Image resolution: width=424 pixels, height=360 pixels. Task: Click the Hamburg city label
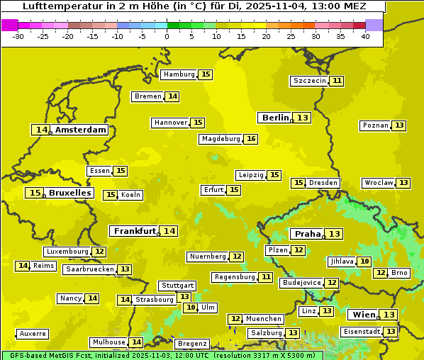[179, 74]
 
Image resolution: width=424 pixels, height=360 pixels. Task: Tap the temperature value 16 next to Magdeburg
[251, 139]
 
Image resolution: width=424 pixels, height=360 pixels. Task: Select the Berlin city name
[275, 118]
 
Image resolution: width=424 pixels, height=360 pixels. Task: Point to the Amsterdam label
[81, 130]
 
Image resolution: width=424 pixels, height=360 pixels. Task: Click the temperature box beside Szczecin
[337, 81]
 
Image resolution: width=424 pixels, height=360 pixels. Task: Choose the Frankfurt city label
[135, 231]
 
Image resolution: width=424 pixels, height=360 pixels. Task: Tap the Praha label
[308, 234]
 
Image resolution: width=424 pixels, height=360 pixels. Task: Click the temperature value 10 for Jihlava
[364, 261]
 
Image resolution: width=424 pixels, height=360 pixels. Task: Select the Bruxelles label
[69, 193]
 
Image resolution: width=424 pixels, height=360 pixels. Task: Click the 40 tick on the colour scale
[365, 36]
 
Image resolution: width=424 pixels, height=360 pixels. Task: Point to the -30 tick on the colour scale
[18, 36]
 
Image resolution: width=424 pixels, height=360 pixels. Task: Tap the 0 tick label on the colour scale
[167, 36]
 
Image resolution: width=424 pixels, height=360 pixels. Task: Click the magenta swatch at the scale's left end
[10, 25]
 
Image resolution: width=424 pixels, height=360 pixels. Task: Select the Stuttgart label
[178, 286]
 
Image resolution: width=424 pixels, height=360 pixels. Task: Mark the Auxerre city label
[33, 334]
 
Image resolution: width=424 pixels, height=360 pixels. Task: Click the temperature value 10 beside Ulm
[191, 308]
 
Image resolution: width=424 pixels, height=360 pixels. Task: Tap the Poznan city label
[375, 125]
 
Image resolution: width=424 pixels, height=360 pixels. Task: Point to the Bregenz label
[192, 344]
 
